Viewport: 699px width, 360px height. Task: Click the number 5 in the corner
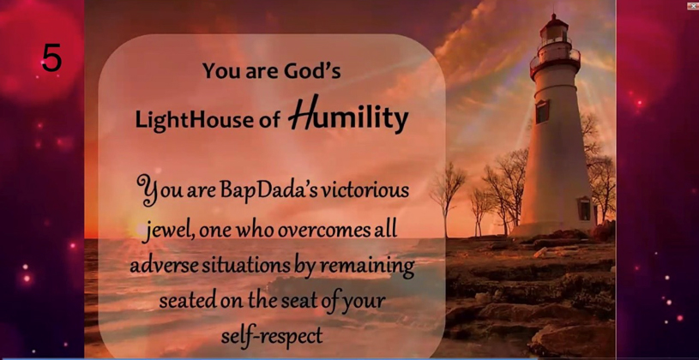click(51, 58)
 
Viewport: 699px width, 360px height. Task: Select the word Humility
click(348, 115)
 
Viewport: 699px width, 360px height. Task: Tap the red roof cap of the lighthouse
click(555, 21)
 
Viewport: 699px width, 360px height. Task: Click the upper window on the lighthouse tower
click(543, 111)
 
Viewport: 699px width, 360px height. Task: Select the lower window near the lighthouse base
click(584, 208)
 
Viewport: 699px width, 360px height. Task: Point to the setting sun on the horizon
click(139, 229)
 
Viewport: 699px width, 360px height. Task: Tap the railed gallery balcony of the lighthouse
click(555, 58)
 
